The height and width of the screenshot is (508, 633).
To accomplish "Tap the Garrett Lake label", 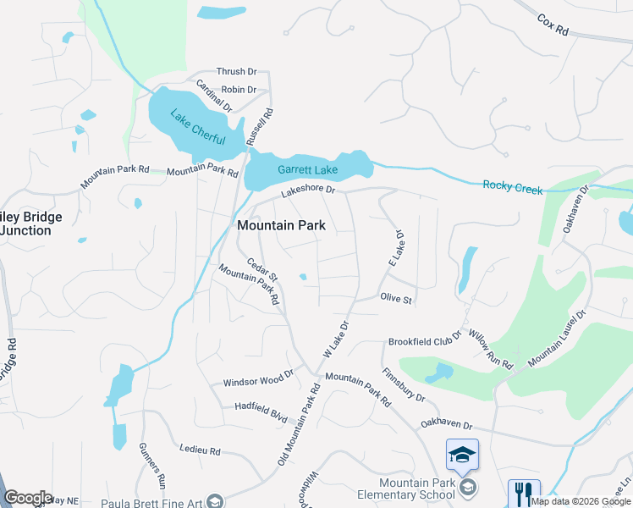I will coord(308,170).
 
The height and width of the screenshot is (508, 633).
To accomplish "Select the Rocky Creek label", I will coord(512,187).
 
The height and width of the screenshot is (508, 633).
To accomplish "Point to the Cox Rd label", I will coord(553,25).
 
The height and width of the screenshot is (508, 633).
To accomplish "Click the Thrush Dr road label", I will coord(236,72).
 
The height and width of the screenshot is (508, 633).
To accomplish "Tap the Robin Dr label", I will coord(239,90).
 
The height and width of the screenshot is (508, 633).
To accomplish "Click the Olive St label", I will coord(396,299).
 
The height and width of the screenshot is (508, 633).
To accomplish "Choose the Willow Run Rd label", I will coord(490,351).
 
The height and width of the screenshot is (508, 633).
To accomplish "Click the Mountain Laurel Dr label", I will coord(557,339).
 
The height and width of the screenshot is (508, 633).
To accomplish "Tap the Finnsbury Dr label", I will coord(404,384).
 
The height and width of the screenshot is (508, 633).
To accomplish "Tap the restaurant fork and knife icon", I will coord(524,494).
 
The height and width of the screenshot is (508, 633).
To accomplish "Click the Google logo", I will coord(28,498).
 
